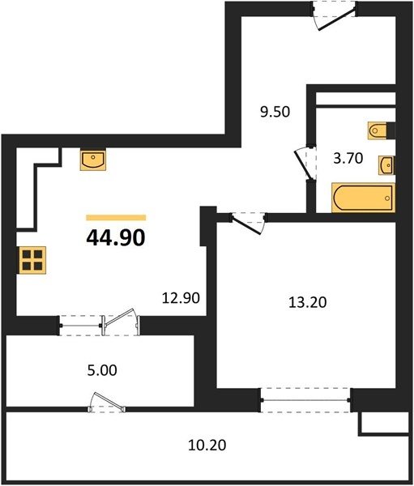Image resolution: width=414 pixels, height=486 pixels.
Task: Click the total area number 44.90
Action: click(x=116, y=238)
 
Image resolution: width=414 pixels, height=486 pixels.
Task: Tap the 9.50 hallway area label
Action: click(x=275, y=112)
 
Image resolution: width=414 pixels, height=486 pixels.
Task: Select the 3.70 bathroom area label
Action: click(x=348, y=159)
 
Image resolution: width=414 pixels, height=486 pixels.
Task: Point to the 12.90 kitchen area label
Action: click(x=181, y=298)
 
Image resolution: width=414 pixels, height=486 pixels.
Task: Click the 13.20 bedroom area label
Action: click(x=308, y=302)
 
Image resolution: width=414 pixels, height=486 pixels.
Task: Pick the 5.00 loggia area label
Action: click(x=102, y=370)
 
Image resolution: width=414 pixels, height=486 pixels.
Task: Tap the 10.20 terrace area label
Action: click(x=207, y=446)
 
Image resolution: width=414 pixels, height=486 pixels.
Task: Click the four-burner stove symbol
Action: click(x=32, y=260)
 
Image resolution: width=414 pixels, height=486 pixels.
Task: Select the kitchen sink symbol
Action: click(x=93, y=160)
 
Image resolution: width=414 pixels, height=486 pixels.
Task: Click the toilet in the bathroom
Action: click(x=378, y=130)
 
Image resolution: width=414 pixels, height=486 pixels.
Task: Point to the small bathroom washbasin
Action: click(x=386, y=165)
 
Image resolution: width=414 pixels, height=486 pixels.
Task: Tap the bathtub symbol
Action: click(x=363, y=198)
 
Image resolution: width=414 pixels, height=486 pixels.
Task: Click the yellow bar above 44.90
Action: click(x=116, y=218)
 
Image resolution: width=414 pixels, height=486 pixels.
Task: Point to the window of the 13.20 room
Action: click(x=306, y=400)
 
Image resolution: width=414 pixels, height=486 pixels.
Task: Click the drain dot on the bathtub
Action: click(x=387, y=198)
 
